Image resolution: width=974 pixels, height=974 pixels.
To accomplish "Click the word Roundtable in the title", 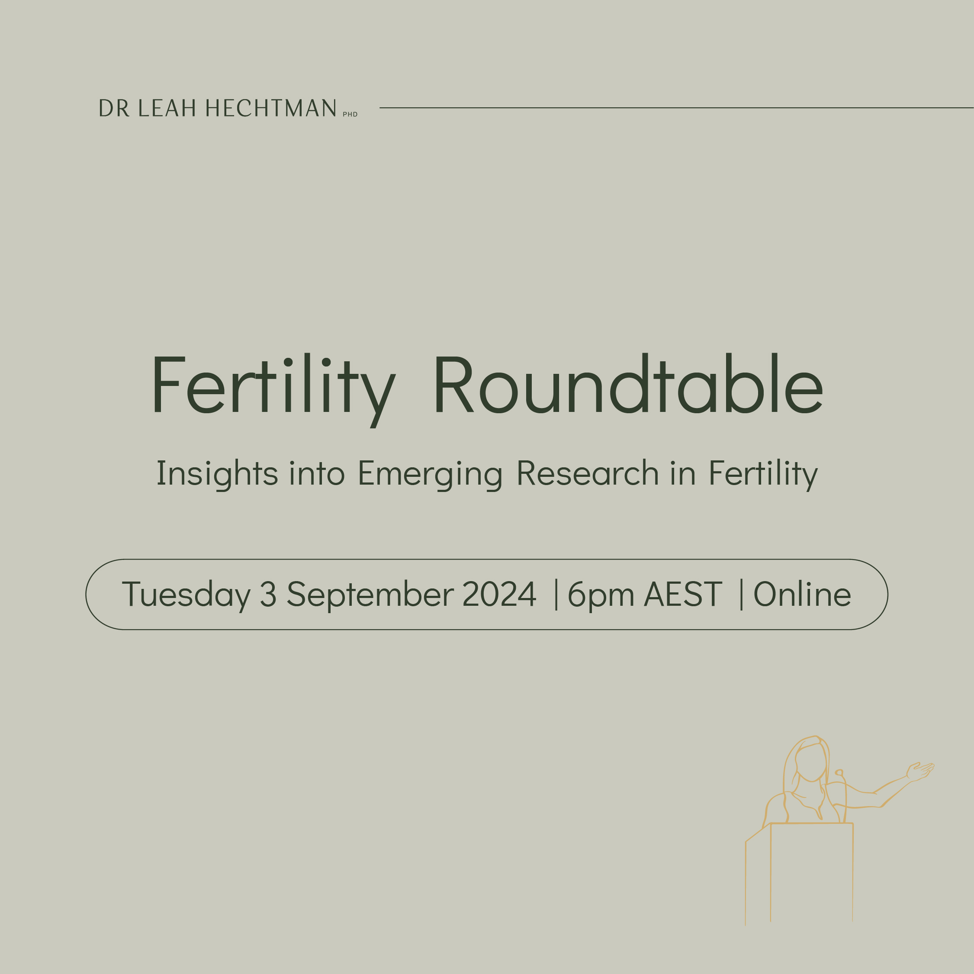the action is click(628, 383).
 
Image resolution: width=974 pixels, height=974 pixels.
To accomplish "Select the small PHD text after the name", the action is click(350, 114).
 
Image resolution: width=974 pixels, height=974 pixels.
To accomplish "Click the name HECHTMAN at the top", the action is click(271, 108).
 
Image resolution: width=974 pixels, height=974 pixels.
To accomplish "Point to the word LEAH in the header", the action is click(167, 108).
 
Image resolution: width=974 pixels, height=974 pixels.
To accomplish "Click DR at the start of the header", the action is click(114, 108).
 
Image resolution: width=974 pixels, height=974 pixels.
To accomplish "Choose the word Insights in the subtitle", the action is click(217, 474).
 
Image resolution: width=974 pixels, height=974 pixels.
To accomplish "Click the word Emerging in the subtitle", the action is click(430, 474).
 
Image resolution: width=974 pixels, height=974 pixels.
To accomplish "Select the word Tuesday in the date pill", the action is click(186, 595).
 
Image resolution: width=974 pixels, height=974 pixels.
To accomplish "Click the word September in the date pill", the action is click(370, 595).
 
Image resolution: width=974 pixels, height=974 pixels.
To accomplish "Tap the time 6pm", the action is click(601, 595).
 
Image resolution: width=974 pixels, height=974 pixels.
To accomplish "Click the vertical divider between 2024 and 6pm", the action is click(556, 595).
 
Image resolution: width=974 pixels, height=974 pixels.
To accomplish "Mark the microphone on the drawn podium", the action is click(839, 773).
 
